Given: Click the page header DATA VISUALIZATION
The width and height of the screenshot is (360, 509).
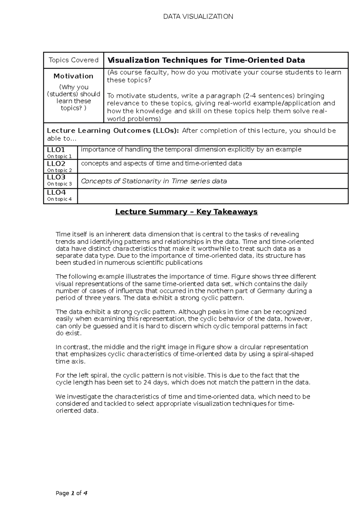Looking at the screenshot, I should pyautogui.click(x=198, y=16).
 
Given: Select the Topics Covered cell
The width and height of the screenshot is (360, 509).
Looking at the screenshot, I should pyautogui.click(x=73, y=60).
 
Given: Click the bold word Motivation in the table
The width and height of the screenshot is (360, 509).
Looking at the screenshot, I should pyautogui.click(x=73, y=76).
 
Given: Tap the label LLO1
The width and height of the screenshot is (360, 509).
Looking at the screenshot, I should pyautogui.click(x=56, y=150).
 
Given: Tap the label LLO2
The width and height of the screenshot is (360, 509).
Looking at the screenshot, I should pyautogui.click(x=56, y=164).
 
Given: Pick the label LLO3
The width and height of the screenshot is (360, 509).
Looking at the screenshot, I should pyautogui.click(x=56, y=177).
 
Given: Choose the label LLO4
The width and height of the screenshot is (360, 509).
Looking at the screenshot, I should pyautogui.click(x=56, y=192).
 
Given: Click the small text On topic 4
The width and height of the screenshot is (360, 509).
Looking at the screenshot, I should pyautogui.click(x=59, y=199).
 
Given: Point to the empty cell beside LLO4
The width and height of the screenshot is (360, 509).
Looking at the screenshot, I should pyautogui.click(x=212, y=196).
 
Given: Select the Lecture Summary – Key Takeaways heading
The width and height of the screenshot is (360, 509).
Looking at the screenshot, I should pyautogui.click(x=186, y=212).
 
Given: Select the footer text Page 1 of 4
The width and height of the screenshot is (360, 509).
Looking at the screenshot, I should pyautogui.click(x=71, y=493).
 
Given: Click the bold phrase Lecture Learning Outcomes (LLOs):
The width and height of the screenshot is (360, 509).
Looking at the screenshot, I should pyautogui.click(x=113, y=131).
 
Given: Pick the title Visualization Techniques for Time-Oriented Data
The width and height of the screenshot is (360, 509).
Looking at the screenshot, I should pyautogui.click(x=206, y=60).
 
